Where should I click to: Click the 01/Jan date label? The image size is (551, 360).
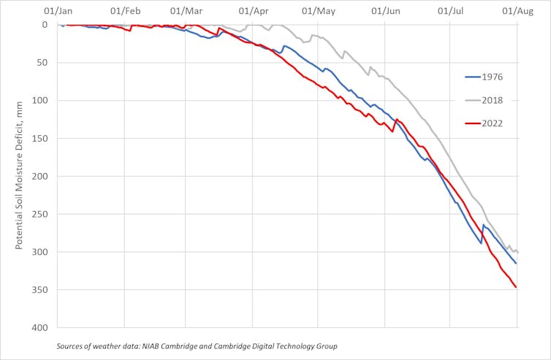click(58, 12)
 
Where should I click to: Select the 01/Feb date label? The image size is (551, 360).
click(125, 12)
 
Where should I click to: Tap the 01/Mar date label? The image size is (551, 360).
click(186, 12)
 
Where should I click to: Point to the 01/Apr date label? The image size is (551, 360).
click(253, 12)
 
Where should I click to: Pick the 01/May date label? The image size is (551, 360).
click(318, 12)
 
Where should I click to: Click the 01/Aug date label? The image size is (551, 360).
click(517, 12)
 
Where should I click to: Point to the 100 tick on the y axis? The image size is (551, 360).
click(41, 101)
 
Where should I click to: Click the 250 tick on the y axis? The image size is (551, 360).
click(41, 215)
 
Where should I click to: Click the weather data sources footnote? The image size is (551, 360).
click(197, 345)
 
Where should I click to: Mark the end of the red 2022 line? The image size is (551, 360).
click(516, 287)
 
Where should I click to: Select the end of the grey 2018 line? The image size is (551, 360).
click(518, 253)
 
